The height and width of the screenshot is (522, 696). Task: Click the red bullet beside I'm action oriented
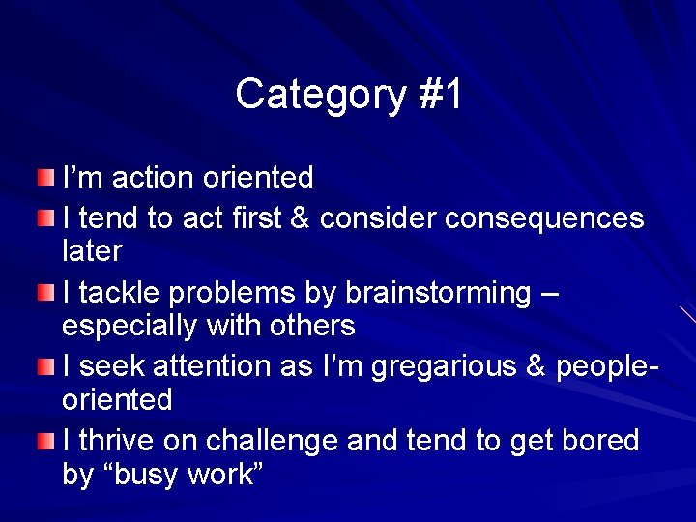pos(46,177)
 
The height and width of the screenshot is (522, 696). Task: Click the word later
pos(92,251)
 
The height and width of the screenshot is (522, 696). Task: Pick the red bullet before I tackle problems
pos(46,292)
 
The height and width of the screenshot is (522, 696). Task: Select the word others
pos(313,326)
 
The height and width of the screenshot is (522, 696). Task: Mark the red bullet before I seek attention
pos(46,367)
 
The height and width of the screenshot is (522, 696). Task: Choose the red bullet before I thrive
pos(46,442)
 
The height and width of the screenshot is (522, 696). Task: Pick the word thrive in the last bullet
pos(111,441)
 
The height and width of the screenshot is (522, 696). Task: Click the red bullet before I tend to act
pos(46,218)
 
